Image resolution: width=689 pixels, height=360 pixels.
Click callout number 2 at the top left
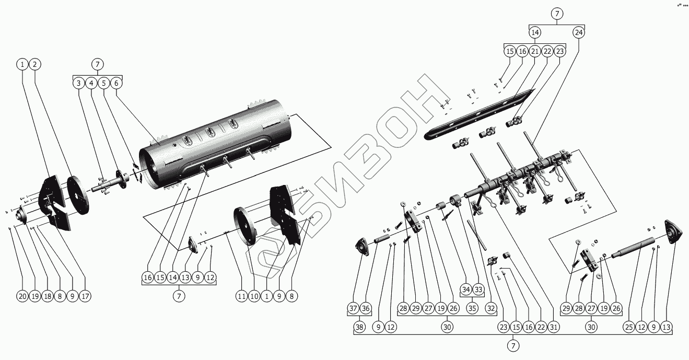pos(35,64)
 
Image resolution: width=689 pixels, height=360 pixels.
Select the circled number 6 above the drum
pos(116,83)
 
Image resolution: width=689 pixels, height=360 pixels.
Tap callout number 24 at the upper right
pos(578,32)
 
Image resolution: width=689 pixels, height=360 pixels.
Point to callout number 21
pos(535,51)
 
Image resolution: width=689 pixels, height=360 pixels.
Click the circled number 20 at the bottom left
pos(21,296)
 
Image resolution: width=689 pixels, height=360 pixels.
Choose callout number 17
pos(85,296)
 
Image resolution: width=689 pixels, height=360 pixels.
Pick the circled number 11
pos(241,296)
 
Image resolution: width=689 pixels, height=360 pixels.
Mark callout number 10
pos(254,296)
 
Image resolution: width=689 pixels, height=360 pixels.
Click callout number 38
pos(359,327)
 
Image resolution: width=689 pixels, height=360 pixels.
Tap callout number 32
pos(491,308)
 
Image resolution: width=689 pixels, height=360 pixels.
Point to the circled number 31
pos(553,327)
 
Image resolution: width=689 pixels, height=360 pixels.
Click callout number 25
pos(628,327)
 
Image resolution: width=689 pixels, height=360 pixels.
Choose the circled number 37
pos(354,308)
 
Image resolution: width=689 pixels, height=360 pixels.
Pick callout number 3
pos(78,83)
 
